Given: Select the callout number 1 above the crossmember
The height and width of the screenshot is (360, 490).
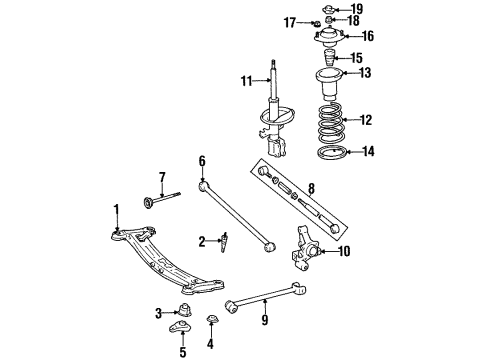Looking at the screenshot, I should point(116,208).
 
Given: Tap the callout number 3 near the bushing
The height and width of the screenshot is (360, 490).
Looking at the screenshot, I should point(159,313).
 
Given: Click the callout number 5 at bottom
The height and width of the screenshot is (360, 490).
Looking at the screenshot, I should point(183,352).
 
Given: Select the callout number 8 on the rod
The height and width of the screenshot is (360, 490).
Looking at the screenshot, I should point(311,187).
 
